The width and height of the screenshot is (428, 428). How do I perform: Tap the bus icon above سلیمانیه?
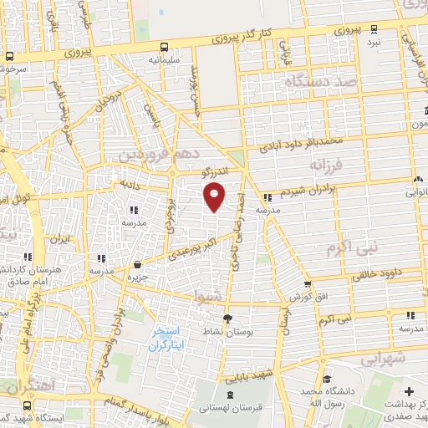coord(163,47)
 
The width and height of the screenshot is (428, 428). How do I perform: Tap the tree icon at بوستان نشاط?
coord(227,318)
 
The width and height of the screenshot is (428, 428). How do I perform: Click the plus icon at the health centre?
coord(408,391)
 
